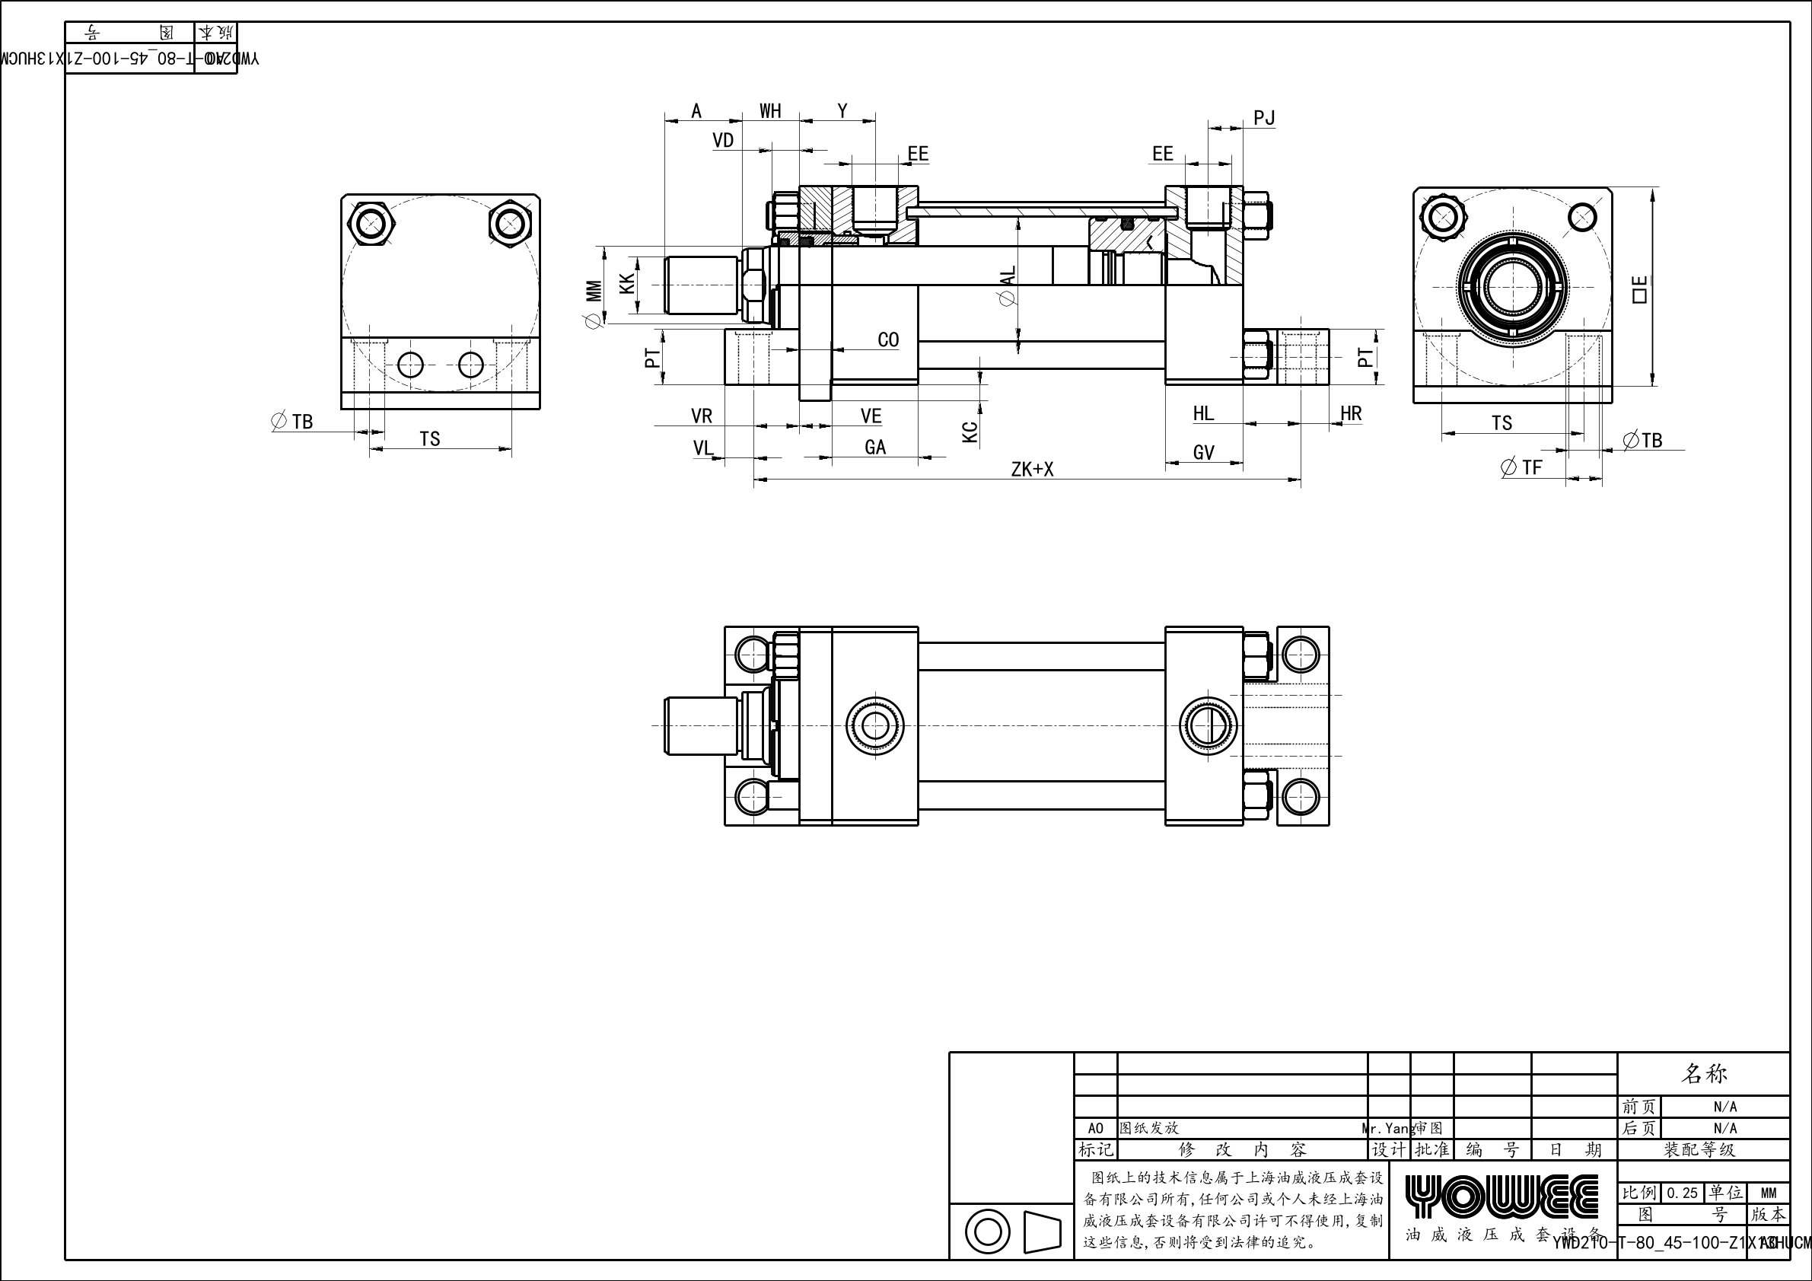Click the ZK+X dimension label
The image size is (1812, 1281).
coord(1032,470)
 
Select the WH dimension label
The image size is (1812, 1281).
coord(770,111)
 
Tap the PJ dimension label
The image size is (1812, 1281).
coord(1263,119)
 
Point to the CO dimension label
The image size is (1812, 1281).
coord(888,340)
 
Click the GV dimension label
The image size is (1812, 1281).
coord(1203,452)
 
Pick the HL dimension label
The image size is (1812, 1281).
coord(1203,413)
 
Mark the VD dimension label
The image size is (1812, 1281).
coord(723,141)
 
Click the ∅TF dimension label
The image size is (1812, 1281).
coord(1521,467)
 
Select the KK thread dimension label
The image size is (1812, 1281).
coord(627,284)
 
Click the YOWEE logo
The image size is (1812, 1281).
coord(1501,1196)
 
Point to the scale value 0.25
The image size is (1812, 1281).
coord(1682,1193)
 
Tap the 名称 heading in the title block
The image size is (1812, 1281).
coord(1705,1073)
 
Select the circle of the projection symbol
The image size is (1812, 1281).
coord(987,1232)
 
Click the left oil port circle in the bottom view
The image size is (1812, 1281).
coord(874,725)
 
